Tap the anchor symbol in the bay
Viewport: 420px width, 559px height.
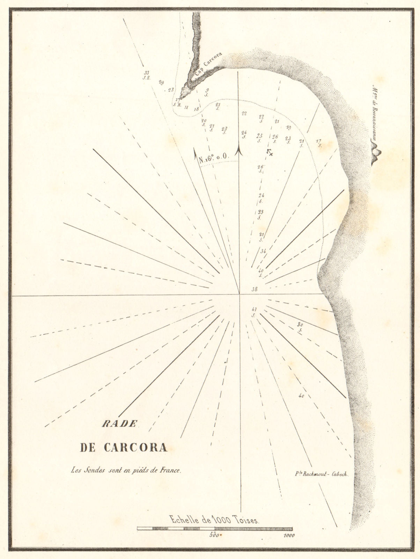[269, 152]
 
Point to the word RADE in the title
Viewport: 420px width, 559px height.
[119, 424]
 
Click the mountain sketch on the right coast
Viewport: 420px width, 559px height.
[376, 154]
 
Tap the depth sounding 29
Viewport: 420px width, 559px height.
[161, 82]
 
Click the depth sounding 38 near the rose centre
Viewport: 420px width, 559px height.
[254, 289]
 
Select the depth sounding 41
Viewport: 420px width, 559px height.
[254, 309]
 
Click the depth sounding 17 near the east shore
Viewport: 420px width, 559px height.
[318, 141]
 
